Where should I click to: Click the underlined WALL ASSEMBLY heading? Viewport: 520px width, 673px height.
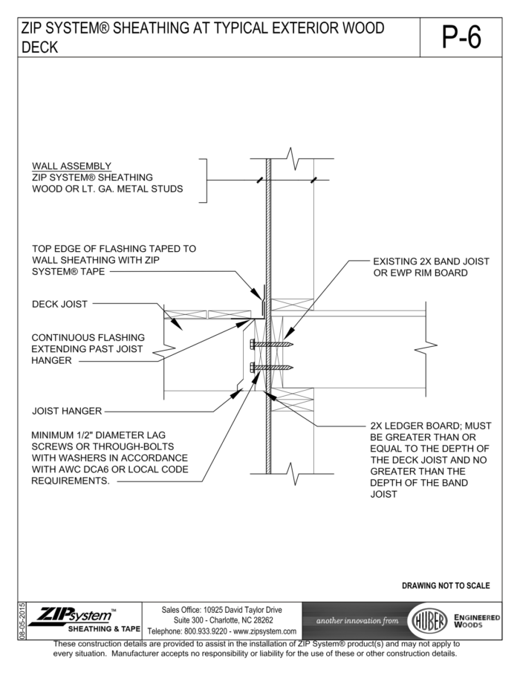[71, 166]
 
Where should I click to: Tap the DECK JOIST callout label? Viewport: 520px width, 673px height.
[59, 304]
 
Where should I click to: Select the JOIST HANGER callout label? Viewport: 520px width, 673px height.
[67, 410]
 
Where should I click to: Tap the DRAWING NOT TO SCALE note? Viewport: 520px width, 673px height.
[446, 585]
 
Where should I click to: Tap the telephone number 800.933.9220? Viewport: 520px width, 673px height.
[207, 631]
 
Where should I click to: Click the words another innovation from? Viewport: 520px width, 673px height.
[357, 620]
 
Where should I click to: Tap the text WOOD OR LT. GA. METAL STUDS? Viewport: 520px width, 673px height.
[107, 189]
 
